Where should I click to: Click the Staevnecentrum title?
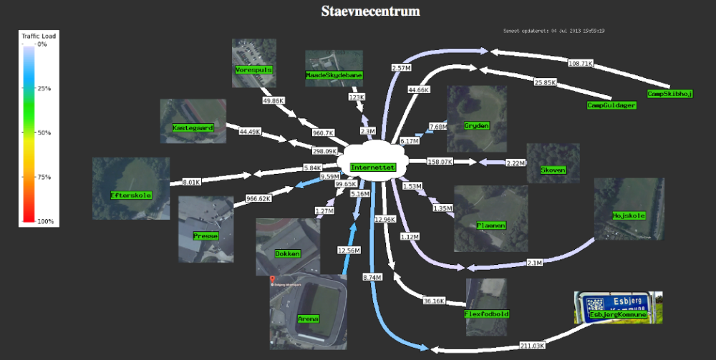370,11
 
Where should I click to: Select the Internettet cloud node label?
372,167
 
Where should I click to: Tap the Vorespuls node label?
253,70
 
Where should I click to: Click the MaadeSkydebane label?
334,75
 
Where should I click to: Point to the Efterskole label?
131,195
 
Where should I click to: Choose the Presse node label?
205,235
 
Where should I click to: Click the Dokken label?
287,253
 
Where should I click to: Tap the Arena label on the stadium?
309,319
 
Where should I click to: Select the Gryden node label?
476,126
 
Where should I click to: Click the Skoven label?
553,170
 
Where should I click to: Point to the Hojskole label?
629,215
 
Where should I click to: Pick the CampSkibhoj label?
670,94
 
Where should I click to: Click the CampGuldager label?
611,106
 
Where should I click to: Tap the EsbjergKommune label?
619,314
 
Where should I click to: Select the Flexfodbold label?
486,313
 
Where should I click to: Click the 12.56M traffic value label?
349,250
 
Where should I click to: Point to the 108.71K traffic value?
581,64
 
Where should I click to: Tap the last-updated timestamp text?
554,31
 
